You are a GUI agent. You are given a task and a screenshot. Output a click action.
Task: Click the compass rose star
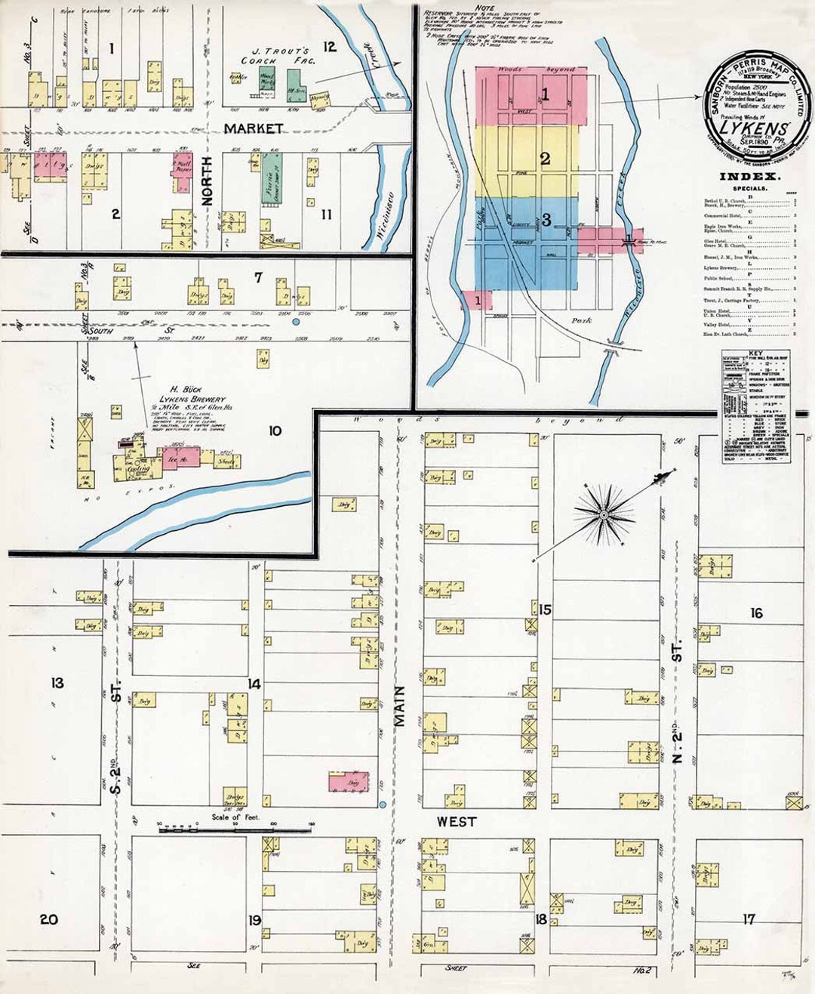point(603,515)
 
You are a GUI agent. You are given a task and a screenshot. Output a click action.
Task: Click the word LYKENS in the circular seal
point(750,128)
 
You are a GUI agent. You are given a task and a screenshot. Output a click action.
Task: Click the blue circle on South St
point(296,322)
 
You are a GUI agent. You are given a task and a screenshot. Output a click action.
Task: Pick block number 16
point(756,613)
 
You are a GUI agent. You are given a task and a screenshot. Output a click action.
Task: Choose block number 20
point(49,919)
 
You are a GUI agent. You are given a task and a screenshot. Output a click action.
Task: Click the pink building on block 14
point(349,782)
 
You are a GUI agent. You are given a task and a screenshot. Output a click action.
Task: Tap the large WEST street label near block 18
point(456,821)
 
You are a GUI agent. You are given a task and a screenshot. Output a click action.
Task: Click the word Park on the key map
point(581,320)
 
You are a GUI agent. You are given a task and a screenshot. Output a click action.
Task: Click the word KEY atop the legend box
point(755,353)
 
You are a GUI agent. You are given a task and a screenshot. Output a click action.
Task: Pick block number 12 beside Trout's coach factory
point(329,47)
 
